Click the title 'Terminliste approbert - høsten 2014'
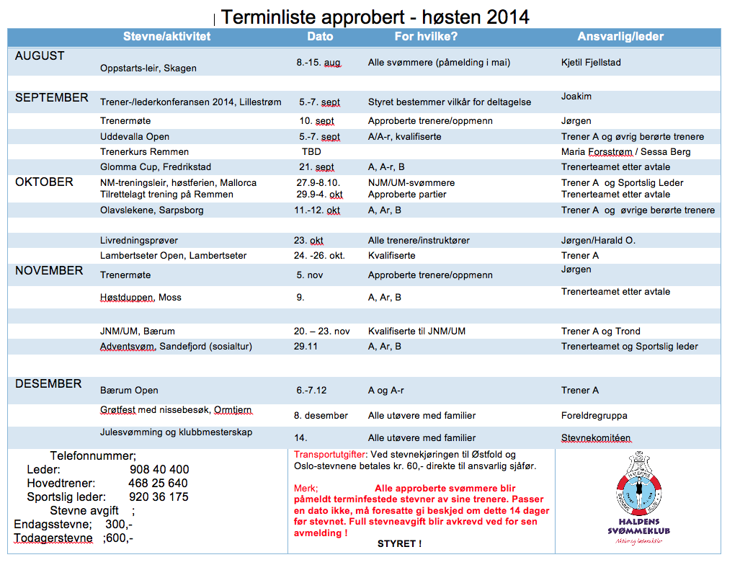click(375, 17)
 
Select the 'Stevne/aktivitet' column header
click(166, 36)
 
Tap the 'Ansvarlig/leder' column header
click(620, 36)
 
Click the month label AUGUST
click(40, 55)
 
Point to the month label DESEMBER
click(48, 383)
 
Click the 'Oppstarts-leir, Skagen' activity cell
click(148, 68)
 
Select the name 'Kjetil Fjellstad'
click(591, 63)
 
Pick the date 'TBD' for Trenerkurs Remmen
click(311, 152)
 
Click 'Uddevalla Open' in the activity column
click(135, 136)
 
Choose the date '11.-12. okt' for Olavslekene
click(318, 210)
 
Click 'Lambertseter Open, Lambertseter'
click(174, 256)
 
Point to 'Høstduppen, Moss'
click(141, 297)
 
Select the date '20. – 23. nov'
click(322, 332)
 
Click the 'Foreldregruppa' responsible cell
click(594, 416)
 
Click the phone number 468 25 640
click(158, 483)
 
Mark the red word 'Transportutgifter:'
click(331, 455)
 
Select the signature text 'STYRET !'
click(399, 544)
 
